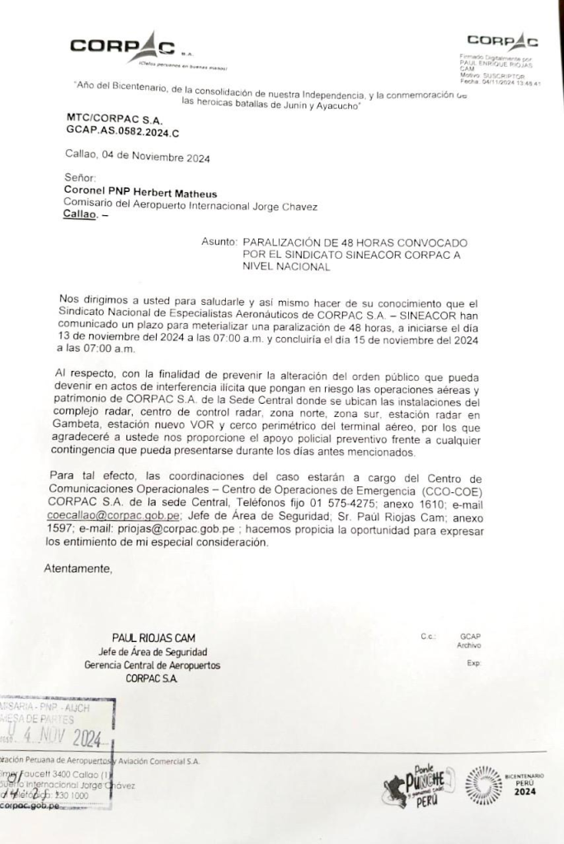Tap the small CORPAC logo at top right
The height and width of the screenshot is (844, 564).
tap(502, 41)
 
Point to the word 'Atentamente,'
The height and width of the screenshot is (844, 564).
tap(78, 568)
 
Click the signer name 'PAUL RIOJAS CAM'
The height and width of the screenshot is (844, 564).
tap(154, 637)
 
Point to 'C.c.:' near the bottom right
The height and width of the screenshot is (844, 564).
tap(427, 636)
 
